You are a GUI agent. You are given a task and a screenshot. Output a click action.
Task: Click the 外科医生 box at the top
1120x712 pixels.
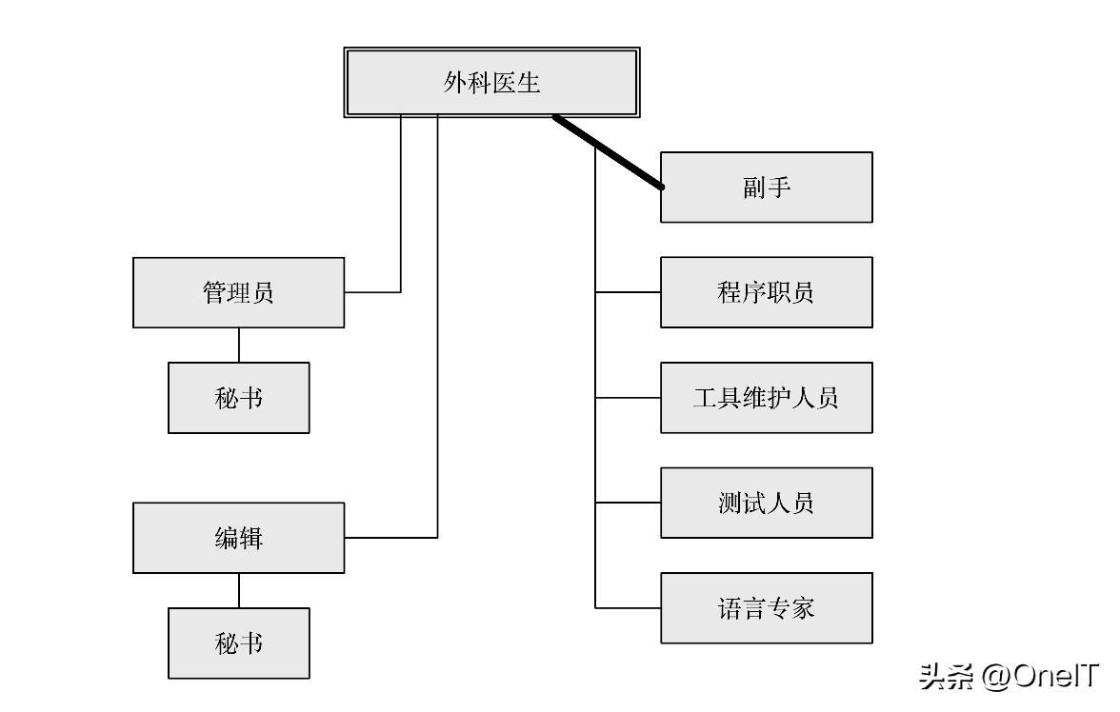(x=490, y=83)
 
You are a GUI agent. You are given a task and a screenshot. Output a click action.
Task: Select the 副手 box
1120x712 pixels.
(x=766, y=188)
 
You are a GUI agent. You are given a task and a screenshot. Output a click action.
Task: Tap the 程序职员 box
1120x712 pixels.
(x=766, y=292)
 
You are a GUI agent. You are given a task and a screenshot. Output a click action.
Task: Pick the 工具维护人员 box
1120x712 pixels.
(x=766, y=398)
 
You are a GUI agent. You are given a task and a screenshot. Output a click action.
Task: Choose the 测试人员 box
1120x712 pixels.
(x=766, y=503)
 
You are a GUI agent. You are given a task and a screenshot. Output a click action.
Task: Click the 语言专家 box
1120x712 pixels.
(x=766, y=608)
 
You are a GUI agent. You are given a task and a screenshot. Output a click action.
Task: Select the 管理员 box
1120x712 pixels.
(x=238, y=292)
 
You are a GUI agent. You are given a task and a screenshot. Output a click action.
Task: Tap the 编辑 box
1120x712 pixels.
(x=238, y=538)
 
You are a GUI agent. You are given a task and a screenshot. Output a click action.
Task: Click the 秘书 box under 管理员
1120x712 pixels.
(x=238, y=398)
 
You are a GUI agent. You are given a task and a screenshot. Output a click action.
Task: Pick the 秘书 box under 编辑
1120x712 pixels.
(x=238, y=643)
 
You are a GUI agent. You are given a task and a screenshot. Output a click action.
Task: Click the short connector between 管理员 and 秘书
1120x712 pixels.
(x=239, y=345)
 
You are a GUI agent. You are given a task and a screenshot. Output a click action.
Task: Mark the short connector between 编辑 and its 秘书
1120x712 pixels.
(x=239, y=590)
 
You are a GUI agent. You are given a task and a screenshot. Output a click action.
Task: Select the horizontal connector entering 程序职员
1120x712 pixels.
(x=628, y=292)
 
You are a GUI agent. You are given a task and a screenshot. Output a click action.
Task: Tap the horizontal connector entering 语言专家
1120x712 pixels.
(x=628, y=607)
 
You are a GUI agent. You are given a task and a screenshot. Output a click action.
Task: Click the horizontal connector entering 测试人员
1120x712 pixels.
(x=628, y=503)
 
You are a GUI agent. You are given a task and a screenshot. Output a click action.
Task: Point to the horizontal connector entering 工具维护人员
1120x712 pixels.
(x=628, y=398)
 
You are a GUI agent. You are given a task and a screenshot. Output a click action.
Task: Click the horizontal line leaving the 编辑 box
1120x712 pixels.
(x=390, y=538)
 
